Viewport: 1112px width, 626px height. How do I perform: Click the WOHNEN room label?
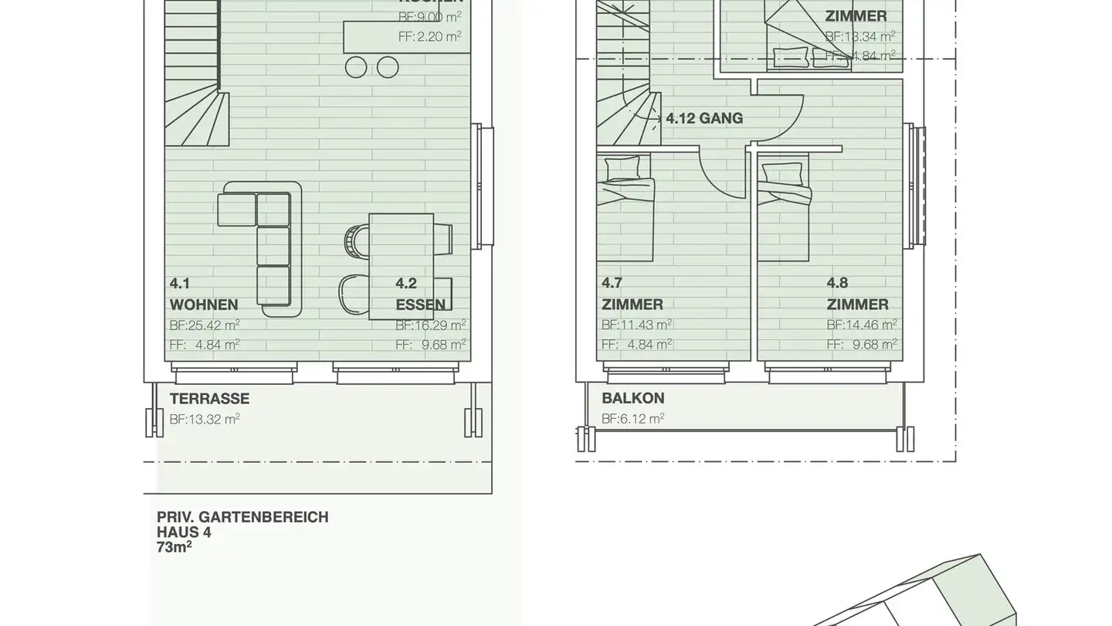coord(204,304)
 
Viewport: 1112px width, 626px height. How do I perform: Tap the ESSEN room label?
coord(421,304)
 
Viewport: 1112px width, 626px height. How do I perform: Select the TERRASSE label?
coord(209,399)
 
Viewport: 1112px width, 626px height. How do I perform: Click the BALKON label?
coord(633,399)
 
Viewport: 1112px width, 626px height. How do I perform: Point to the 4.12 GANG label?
coord(704,118)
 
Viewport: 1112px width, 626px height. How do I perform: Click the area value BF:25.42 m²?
coord(204,325)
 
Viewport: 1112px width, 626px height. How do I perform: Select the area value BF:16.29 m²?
coord(430,325)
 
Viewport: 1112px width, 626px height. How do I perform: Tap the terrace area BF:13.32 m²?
coord(204,419)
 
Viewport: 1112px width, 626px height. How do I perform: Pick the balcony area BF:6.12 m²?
coord(632,419)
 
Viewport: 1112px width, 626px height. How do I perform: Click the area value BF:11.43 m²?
coord(636,325)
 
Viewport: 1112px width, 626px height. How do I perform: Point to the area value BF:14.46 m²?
coord(862,325)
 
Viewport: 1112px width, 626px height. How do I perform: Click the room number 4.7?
coord(612,283)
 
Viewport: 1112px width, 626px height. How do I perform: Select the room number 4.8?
coord(838,283)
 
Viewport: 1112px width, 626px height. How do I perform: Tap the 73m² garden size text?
coord(175,547)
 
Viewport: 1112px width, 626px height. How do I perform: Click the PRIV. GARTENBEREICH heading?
coord(242,517)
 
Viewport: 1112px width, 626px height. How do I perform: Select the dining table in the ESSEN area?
coord(401,267)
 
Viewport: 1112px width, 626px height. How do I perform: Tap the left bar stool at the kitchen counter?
coord(356,67)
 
